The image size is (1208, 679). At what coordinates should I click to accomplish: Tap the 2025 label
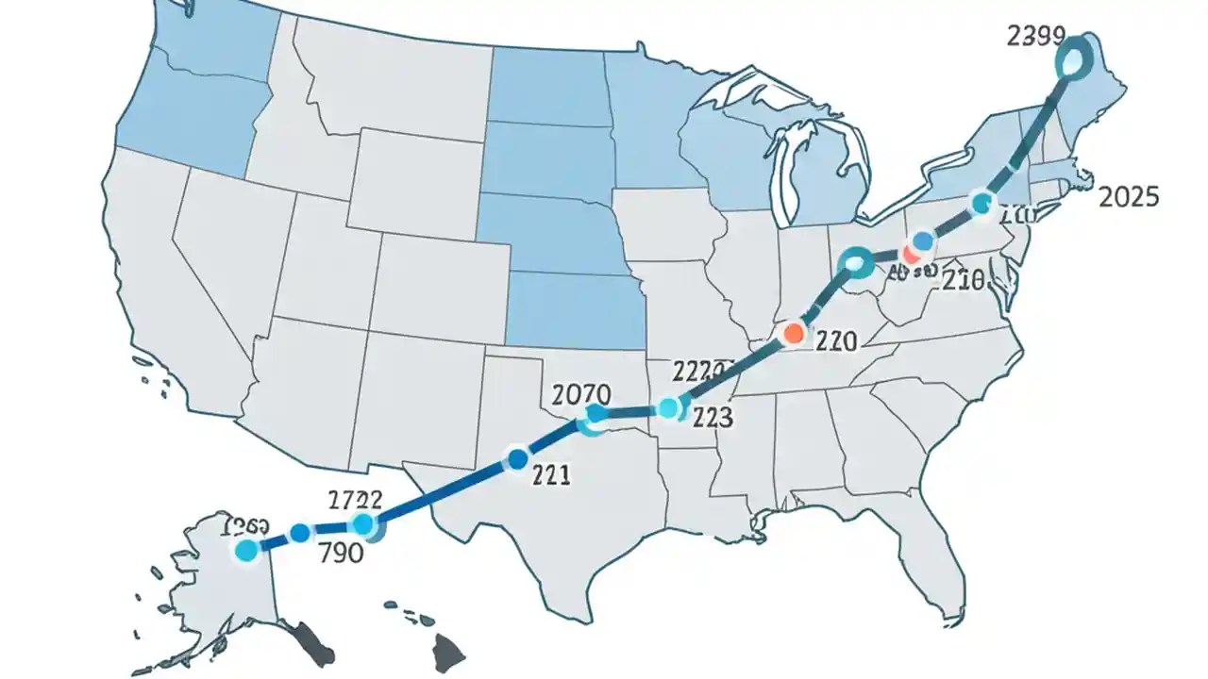click(1129, 197)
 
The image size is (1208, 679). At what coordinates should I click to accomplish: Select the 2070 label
click(579, 393)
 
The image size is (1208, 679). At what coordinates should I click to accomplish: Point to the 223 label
click(713, 418)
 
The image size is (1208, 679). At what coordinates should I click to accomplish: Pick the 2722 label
click(355, 500)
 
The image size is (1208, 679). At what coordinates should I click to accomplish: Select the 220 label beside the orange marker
click(834, 341)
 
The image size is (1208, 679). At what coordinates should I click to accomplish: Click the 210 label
click(964, 280)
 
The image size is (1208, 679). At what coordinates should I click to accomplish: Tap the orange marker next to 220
click(794, 333)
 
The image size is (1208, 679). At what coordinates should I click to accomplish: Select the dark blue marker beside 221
click(516, 459)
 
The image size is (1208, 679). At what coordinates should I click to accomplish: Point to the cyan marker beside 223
click(668, 408)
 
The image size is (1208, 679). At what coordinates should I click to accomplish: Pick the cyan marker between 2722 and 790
click(362, 525)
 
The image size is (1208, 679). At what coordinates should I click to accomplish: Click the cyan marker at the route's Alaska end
click(246, 552)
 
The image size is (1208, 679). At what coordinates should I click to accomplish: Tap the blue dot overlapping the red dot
click(923, 243)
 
